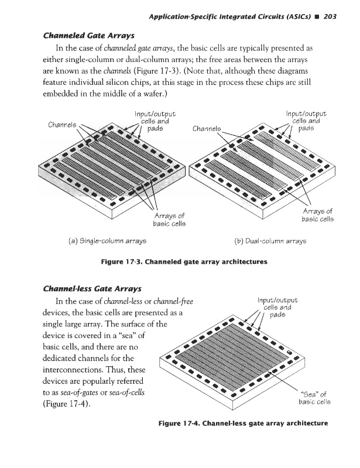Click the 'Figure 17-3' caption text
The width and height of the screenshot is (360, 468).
(x=184, y=263)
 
